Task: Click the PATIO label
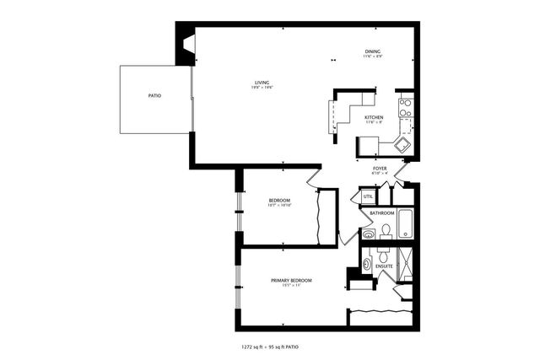coord(154,96)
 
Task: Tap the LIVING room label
coord(262,82)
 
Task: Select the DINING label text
coord(373,51)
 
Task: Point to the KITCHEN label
coord(374,117)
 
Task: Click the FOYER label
coord(380,169)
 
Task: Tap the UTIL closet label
coord(368,196)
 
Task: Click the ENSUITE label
coord(384,266)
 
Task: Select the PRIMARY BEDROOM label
coord(291,280)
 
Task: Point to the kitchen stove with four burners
coord(405,107)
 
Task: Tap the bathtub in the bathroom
coord(406,223)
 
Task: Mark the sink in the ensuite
coord(367,264)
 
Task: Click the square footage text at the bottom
coord(270,346)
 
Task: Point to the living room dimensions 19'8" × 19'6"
coord(262,88)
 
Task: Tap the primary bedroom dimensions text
coord(291,286)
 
